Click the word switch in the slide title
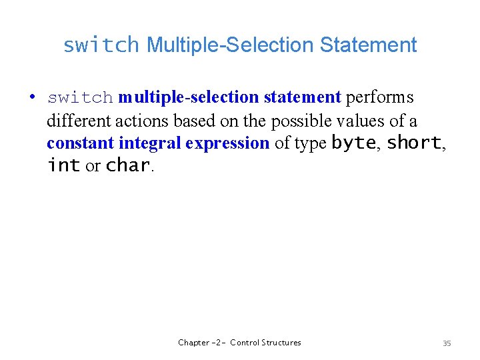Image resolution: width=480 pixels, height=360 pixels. point(101,45)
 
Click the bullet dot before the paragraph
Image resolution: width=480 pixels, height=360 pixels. point(32,97)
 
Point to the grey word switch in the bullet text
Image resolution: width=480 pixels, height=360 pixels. point(80,98)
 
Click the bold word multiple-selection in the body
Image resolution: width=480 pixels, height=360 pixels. point(189,97)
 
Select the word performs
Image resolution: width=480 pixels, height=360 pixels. point(379,97)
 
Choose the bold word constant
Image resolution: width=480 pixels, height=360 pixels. point(81,143)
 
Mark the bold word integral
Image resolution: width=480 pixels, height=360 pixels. point(150,143)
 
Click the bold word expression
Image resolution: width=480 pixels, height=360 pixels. point(227,143)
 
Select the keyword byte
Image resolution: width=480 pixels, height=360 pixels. point(353,143)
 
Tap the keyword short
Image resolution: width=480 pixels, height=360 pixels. point(413,143)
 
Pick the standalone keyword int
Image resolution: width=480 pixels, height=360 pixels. point(64,166)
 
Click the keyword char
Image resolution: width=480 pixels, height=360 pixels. point(127,166)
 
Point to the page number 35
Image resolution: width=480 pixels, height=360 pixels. point(447,343)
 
